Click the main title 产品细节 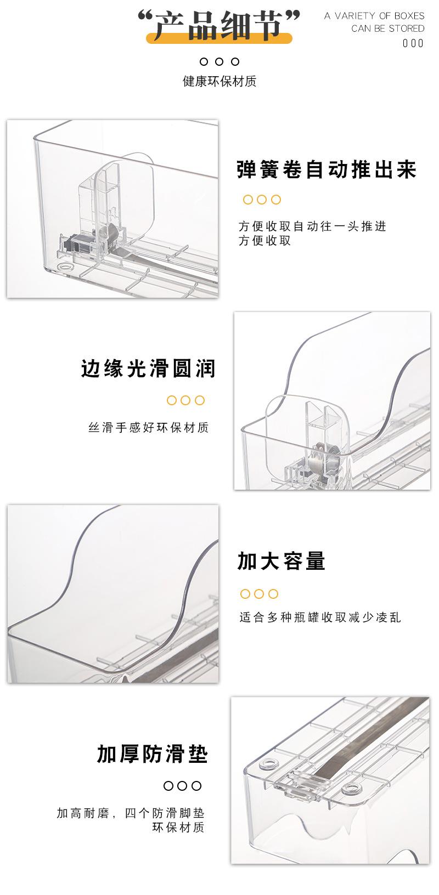pyautogui.click(x=219, y=25)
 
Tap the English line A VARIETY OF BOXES pyautogui.click(x=374, y=15)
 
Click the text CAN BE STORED pyautogui.click(x=387, y=29)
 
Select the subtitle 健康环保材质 pyautogui.click(x=219, y=82)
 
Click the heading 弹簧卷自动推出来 pyautogui.click(x=327, y=169)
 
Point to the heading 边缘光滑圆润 pyautogui.click(x=148, y=369)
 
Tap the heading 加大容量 pyautogui.click(x=282, y=561)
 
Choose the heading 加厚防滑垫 pyautogui.click(x=153, y=754)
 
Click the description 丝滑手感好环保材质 pyautogui.click(x=149, y=428)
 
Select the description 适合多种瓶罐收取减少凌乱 pyautogui.click(x=320, y=618)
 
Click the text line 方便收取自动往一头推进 pyautogui.click(x=312, y=226)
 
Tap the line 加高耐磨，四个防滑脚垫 pyautogui.click(x=131, y=813)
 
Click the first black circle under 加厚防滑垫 pyautogui.click(x=168, y=786)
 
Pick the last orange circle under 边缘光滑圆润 pyautogui.click(x=200, y=400)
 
